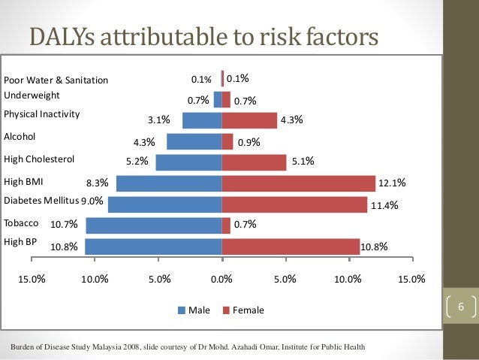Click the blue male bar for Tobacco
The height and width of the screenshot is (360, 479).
point(153,225)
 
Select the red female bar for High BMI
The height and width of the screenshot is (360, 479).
point(298,183)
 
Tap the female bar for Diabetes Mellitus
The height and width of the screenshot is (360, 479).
point(294,204)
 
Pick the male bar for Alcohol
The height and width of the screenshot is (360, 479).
point(194,141)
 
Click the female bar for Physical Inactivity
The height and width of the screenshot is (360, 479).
point(249,120)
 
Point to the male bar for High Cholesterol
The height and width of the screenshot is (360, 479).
point(188,162)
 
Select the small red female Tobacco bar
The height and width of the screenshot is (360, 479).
point(226,225)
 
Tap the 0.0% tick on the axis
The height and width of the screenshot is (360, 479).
point(221,280)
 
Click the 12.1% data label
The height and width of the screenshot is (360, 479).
point(393,182)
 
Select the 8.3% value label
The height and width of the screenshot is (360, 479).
point(98,182)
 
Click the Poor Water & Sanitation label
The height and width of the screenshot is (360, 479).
point(56,80)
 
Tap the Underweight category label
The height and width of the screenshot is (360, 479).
point(32,95)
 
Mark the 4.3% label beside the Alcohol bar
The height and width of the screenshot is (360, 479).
point(143,142)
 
